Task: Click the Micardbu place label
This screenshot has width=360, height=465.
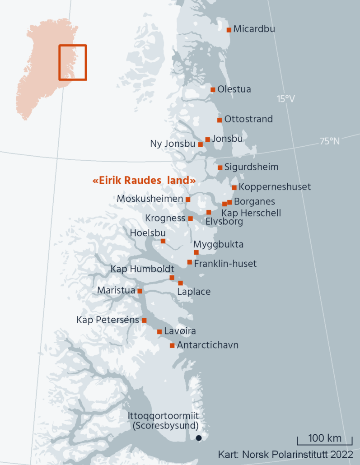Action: [254, 29]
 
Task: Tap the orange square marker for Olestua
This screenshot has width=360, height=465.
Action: [213, 89]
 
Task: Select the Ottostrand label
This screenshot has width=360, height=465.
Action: [248, 119]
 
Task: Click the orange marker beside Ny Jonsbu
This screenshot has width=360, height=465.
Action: [201, 144]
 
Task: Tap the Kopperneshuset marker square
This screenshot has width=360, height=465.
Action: [234, 187]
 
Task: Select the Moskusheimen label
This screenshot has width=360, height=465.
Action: [150, 199]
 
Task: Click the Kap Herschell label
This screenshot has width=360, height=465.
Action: [251, 213]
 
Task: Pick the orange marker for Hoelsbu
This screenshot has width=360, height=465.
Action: [163, 241]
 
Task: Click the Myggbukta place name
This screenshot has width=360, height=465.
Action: [219, 244]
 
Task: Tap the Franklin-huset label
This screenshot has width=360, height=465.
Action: [225, 263]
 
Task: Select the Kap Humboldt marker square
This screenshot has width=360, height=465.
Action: [172, 278]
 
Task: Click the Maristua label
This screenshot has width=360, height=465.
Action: [116, 290]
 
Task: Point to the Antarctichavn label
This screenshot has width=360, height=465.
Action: [208, 345]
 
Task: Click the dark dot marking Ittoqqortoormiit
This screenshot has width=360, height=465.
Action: [198, 438]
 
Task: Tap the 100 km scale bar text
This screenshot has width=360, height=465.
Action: [325, 438]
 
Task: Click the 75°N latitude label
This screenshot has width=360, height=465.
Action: [330, 141]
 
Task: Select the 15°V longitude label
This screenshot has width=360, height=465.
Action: [286, 99]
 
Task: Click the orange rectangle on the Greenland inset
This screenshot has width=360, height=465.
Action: [72, 62]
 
